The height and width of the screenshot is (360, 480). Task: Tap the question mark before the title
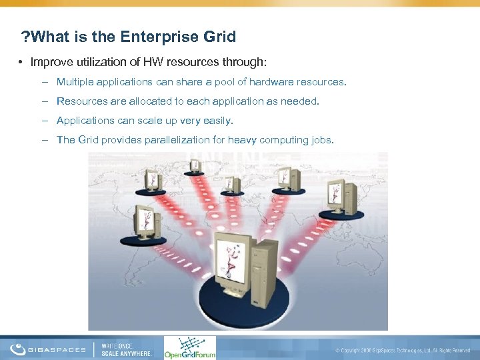(x=25, y=37)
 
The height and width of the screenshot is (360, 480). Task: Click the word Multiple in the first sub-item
(x=75, y=82)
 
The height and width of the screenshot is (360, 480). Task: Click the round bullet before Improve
(x=21, y=62)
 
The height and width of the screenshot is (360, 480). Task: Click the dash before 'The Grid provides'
(x=44, y=140)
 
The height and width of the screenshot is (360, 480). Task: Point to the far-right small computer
(x=341, y=197)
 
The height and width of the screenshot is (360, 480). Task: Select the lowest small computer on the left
(x=145, y=223)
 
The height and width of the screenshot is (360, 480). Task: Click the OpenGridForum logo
(x=190, y=347)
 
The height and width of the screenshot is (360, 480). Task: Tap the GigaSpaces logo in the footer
(x=48, y=349)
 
